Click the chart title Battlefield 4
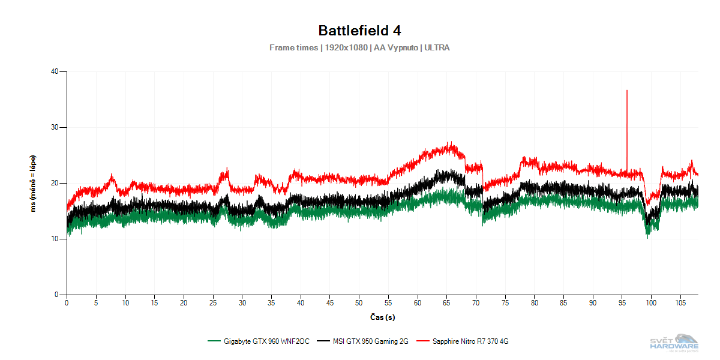pos(359,30)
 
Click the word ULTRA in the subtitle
pos(437,47)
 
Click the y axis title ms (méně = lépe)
pos(34,183)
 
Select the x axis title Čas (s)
pos(382,316)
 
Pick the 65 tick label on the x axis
pos(446,304)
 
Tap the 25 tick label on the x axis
pos(212,304)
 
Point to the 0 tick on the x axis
pos(67,304)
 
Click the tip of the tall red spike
pos(627,91)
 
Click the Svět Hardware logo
pos(674,343)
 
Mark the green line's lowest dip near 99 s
pos(647,237)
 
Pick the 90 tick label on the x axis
pos(593,304)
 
